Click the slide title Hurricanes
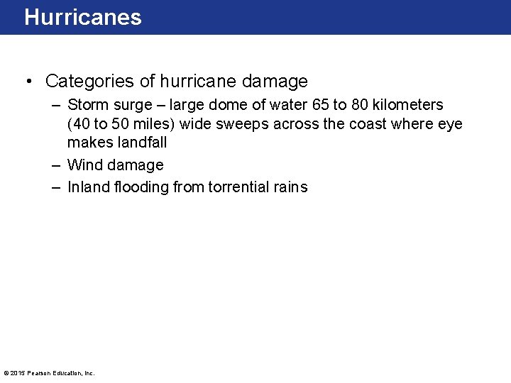point(83,17)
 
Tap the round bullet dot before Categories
point(28,82)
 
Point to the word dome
point(246,105)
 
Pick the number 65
point(319,105)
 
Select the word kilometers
point(409,105)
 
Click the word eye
point(450,124)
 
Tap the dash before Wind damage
point(55,165)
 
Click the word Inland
point(88,187)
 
